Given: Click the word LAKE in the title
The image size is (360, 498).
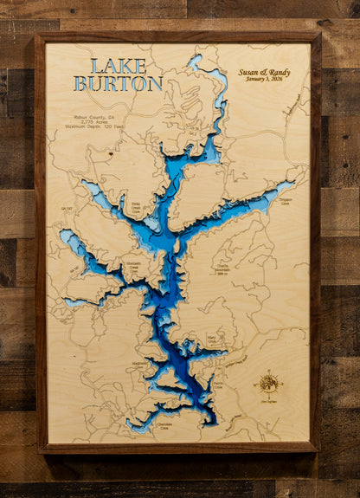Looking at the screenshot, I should tap(118, 66).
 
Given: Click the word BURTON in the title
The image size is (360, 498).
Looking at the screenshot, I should tap(118, 84).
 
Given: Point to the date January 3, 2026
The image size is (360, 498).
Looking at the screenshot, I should tap(265, 80).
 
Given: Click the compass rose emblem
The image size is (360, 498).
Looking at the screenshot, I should tap(268, 382).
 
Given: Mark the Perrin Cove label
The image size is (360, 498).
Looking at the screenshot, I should tap(217, 385).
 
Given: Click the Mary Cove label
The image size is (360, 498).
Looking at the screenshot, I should tap(211, 341).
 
